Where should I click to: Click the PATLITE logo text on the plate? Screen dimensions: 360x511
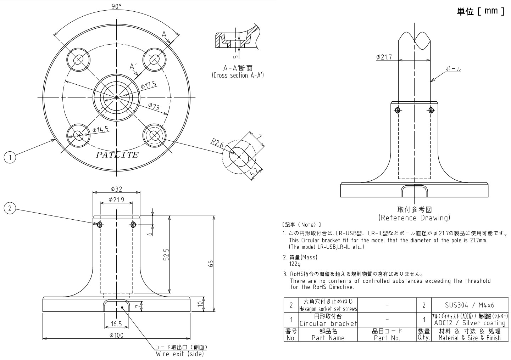click(x=117, y=155)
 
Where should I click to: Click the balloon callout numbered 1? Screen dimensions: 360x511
click(x=10, y=157)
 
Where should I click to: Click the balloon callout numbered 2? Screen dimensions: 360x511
click(x=10, y=208)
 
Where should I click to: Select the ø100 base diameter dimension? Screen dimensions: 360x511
click(x=116, y=335)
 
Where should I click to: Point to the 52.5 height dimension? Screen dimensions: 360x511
click(x=166, y=254)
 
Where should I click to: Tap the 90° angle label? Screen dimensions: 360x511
click(x=116, y=6)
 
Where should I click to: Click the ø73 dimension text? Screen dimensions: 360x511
click(x=154, y=106)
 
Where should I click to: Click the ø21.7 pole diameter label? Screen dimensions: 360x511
click(x=384, y=57)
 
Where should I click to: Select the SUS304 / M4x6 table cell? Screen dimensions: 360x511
click(x=469, y=305)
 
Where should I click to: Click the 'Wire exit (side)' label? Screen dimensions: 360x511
click(x=180, y=354)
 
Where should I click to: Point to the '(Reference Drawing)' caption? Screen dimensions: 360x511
click(x=414, y=218)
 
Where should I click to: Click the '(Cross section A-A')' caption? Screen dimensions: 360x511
click(x=238, y=75)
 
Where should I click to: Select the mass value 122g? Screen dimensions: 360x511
click(x=295, y=264)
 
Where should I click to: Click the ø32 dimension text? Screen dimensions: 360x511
click(x=116, y=189)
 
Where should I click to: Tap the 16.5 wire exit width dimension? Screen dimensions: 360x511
click(x=116, y=324)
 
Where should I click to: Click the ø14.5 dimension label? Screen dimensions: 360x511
click(x=100, y=130)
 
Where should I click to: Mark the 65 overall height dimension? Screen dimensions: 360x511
click(x=211, y=264)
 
